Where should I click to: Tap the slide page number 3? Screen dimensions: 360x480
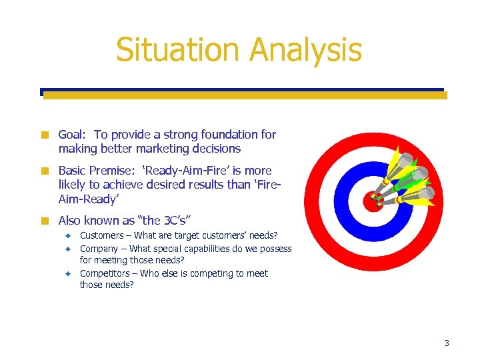447,343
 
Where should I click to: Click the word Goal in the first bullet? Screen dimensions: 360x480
72,135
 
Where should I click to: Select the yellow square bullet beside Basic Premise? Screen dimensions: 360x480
45,171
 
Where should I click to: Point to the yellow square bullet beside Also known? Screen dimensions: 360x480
45,221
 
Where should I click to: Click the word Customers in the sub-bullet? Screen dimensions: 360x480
101,235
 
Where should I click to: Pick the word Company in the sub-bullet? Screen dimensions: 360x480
99,249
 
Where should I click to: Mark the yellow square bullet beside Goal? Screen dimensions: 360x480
45,135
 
